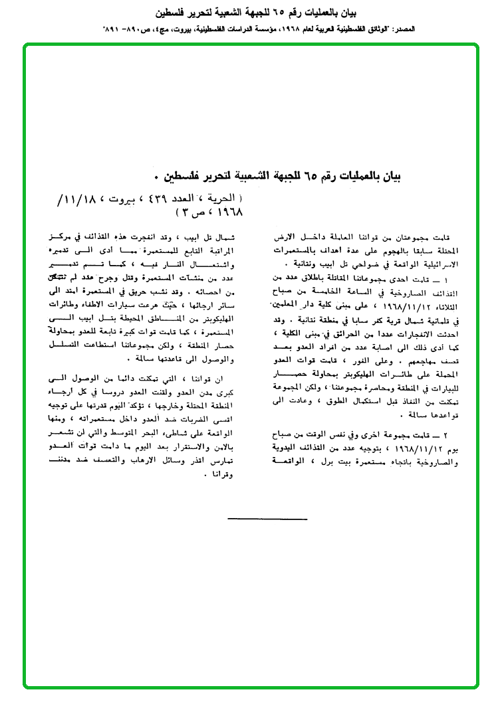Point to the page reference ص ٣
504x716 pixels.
(184, 212)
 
